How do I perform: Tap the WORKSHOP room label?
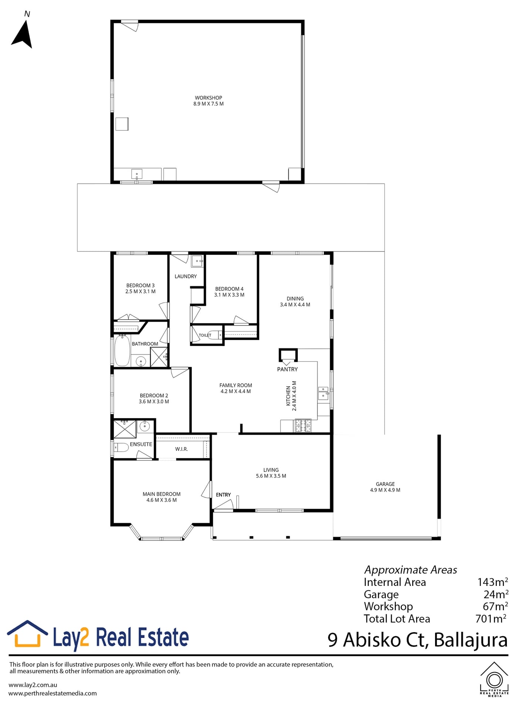click(x=208, y=98)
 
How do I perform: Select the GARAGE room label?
click(x=385, y=484)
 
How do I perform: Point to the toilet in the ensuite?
click(x=121, y=447)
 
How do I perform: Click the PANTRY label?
click(x=287, y=369)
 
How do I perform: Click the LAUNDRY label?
click(x=186, y=276)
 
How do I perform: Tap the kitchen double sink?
click(x=323, y=393)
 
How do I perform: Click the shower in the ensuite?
click(x=124, y=429)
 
